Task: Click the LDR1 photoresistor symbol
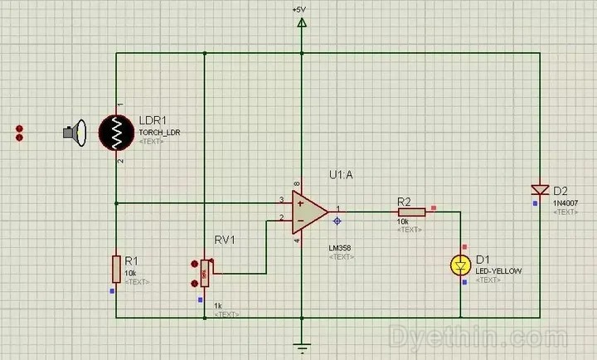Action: pyautogui.click(x=117, y=132)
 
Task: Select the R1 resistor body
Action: pyautogui.click(x=116, y=269)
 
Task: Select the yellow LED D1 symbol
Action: pyautogui.click(x=460, y=265)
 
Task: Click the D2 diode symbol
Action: pyautogui.click(x=541, y=192)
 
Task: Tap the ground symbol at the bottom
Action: pyautogui.click(x=302, y=348)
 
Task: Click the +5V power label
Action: pyautogui.click(x=300, y=8)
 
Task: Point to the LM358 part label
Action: pyautogui.click(x=340, y=248)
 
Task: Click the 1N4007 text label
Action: pyautogui.click(x=565, y=202)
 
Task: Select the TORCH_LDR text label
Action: pyautogui.click(x=159, y=132)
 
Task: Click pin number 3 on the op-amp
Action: pyautogui.click(x=281, y=199)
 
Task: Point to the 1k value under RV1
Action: pyautogui.click(x=219, y=305)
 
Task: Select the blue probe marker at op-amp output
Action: pyautogui.click(x=337, y=221)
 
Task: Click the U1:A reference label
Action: pyautogui.click(x=342, y=176)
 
